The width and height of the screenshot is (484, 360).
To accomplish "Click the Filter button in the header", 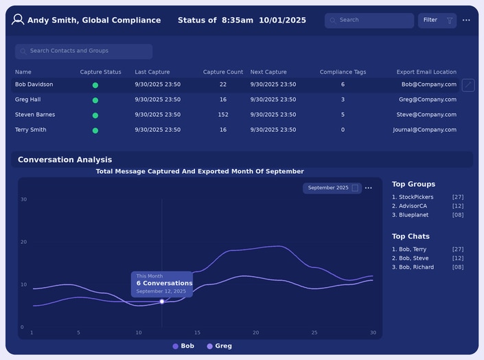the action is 437,21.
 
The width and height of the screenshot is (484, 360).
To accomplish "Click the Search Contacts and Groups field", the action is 84,52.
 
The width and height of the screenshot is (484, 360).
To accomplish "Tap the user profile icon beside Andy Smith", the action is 18,20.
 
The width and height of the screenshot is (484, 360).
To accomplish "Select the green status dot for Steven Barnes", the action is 95,115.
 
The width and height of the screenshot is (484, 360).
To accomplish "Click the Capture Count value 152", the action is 223,115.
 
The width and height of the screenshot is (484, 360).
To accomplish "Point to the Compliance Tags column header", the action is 343,72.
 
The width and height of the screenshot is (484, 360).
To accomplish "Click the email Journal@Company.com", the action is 425,130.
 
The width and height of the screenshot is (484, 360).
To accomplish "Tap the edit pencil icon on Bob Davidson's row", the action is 468,85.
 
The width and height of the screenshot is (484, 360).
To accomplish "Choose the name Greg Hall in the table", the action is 27,100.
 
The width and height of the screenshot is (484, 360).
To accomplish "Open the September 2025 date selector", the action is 332,188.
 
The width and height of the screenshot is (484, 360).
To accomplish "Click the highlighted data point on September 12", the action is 162,302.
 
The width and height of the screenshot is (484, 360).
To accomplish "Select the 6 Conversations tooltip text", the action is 164,283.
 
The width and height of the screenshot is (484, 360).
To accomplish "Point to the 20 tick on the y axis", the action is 24,242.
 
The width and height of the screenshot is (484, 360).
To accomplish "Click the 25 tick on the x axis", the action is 314,333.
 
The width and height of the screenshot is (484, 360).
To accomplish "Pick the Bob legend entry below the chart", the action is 183,346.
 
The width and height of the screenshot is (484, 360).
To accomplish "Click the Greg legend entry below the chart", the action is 220,346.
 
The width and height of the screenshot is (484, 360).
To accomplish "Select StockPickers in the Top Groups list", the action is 413,197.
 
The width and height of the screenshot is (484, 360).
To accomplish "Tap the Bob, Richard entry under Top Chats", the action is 413,267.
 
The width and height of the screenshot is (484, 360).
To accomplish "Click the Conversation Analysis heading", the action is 65,160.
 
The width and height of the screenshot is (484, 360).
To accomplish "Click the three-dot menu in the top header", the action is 466,20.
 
